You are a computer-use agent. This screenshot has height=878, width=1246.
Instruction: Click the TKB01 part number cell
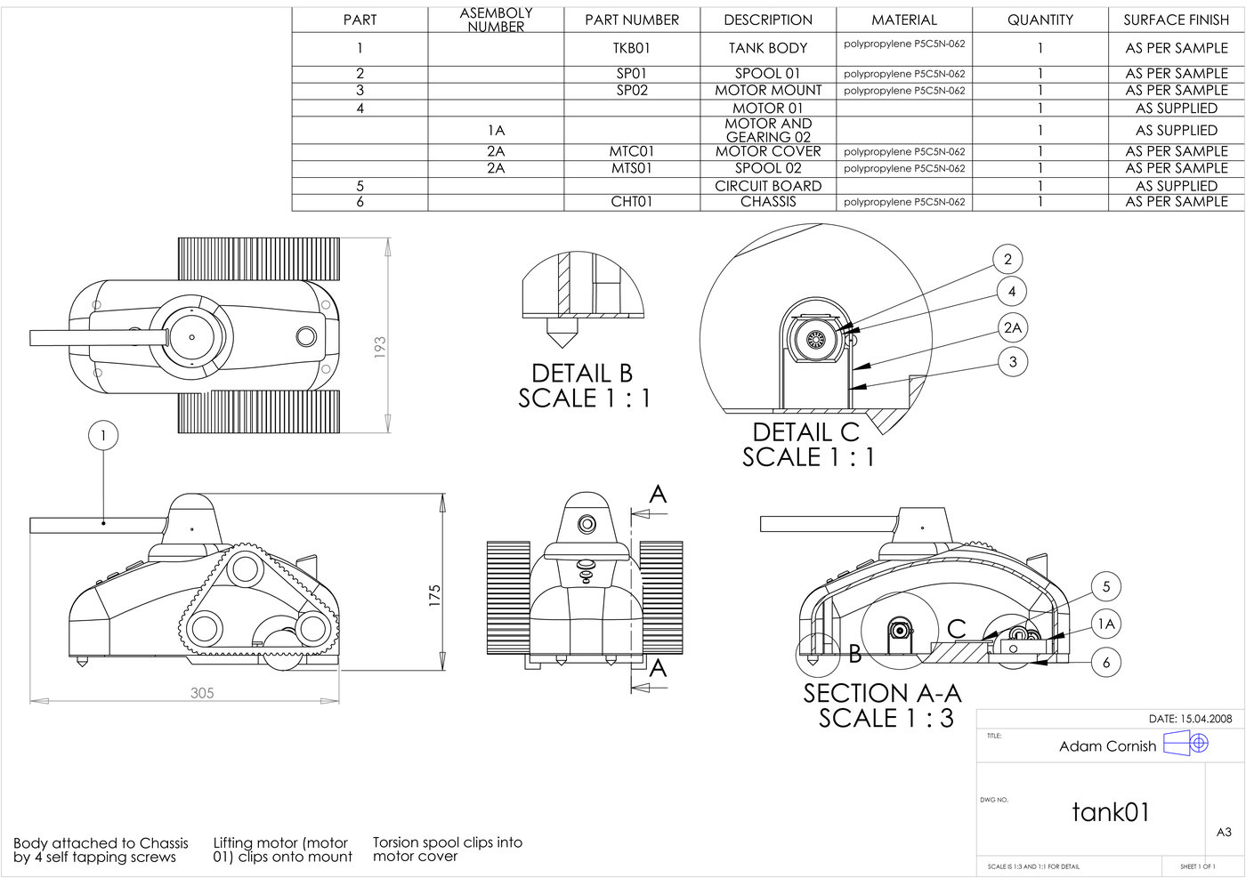632,48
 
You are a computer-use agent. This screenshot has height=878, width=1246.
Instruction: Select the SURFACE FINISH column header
1176,20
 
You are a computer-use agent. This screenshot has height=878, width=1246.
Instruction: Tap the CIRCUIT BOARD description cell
768,186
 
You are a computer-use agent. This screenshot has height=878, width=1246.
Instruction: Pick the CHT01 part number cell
632,202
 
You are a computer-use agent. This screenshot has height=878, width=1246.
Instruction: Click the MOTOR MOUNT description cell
768,90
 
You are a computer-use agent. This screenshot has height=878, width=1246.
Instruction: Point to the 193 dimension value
380,347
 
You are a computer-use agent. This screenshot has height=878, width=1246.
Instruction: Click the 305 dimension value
202,693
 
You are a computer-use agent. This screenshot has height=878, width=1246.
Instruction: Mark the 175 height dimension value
434,595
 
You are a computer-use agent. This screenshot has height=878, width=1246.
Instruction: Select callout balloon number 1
103,436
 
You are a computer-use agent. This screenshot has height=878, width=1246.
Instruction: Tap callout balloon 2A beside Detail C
1013,328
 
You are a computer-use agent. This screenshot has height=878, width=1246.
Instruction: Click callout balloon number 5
1106,587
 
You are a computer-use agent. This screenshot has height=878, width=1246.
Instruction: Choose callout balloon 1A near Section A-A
1106,624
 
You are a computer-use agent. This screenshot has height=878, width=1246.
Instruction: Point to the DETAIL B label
582,373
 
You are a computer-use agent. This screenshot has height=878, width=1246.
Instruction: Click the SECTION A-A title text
882,693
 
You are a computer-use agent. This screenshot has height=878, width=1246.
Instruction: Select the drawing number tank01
1111,811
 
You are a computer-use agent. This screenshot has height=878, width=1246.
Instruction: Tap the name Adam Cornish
1107,746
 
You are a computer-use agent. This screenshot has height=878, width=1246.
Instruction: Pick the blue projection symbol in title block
1186,742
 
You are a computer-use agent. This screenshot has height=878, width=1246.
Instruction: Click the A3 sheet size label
1224,832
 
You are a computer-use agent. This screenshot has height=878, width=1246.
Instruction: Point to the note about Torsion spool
447,850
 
